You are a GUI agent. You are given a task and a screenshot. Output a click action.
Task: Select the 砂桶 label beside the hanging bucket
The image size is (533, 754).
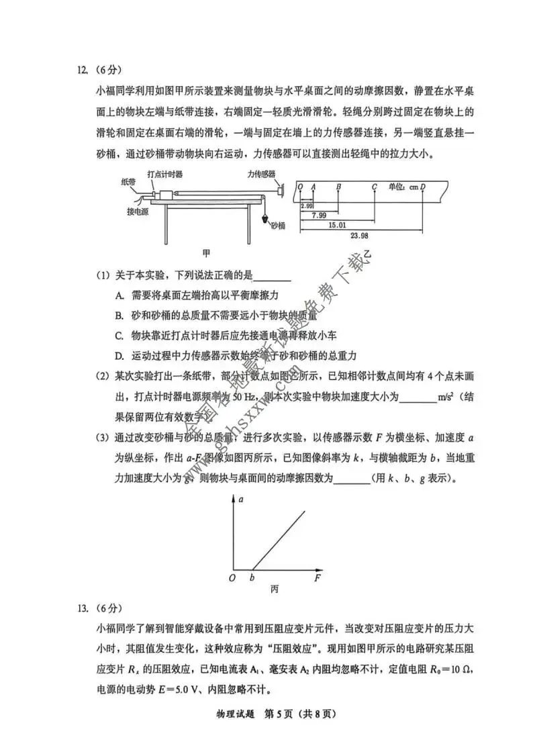[x=278, y=226]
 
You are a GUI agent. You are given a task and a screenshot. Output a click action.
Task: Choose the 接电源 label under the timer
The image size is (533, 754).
[x=138, y=211]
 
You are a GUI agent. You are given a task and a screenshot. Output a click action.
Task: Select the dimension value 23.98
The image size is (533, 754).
[x=360, y=236]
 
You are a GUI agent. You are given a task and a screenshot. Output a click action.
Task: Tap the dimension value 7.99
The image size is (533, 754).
[x=319, y=215]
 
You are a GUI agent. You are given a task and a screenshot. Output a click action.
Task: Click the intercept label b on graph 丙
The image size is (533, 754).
[x=252, y=577]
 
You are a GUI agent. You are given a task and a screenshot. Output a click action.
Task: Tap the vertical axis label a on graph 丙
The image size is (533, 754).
[x=240, y=500]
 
